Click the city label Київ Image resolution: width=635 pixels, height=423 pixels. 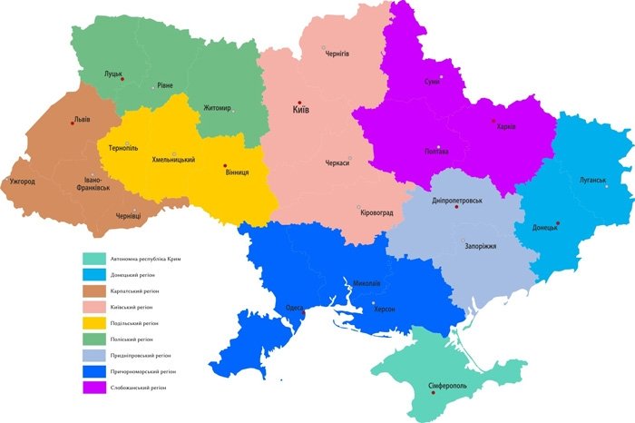[301, 110]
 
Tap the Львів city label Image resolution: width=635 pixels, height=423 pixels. [82, 119]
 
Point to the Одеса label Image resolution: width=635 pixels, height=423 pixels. [294, 307]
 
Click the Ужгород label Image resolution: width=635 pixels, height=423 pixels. [22, 182]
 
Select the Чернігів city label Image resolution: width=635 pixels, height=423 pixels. [337, 54]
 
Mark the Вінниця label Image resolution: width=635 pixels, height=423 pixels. [237, 172]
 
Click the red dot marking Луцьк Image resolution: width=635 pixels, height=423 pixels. [123, 79]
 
